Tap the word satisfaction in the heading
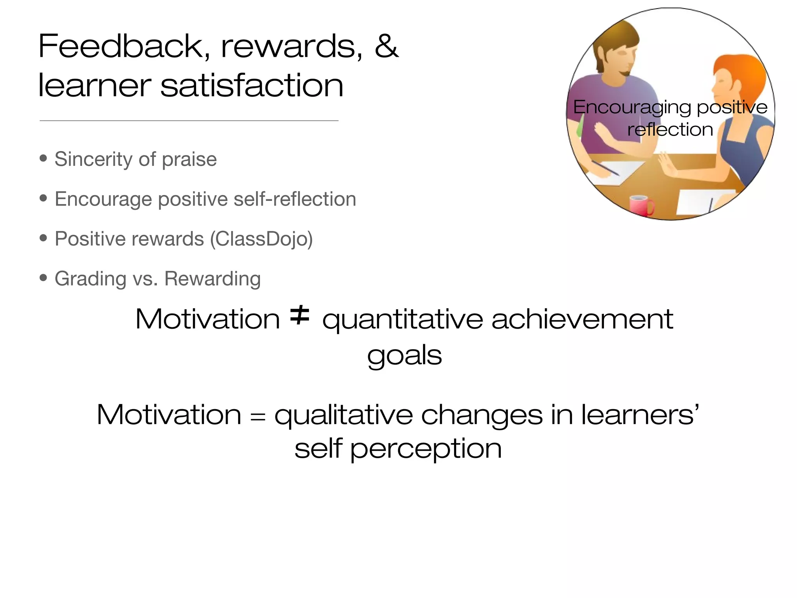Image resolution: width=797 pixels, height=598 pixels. point(252,86)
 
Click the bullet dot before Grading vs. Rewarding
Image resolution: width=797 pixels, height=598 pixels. point(43,278)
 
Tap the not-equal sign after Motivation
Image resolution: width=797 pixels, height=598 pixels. point(300,315)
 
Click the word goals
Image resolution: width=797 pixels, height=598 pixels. point(404,355)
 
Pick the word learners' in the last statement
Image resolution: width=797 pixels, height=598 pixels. point(640,415)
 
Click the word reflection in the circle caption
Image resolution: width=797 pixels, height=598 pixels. point(670,130)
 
